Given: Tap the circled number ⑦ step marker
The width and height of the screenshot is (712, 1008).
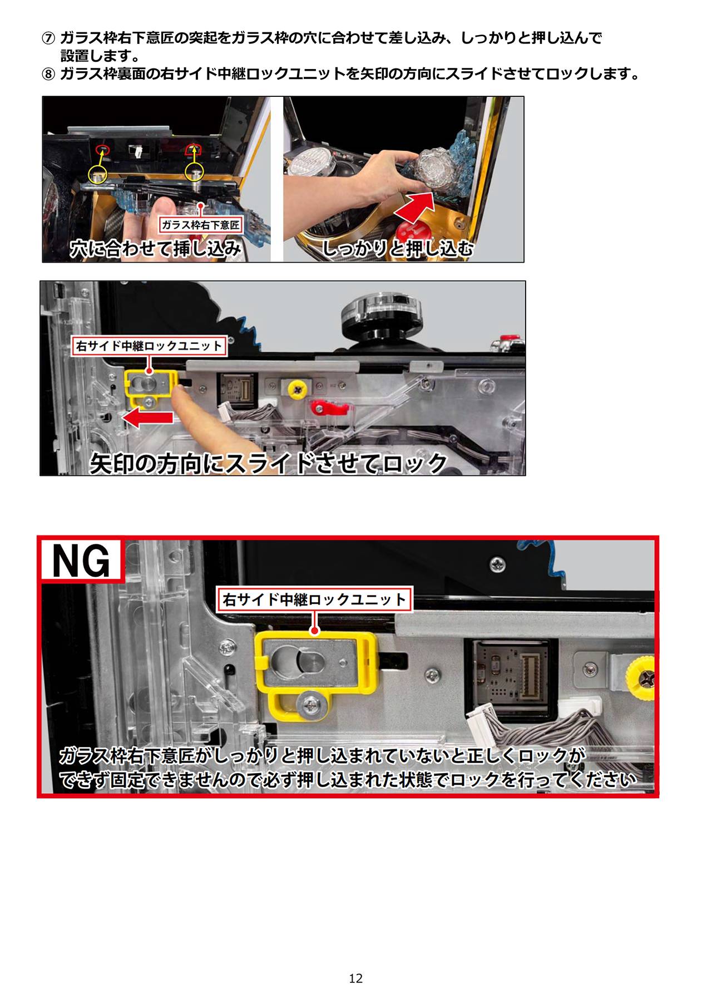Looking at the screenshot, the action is point(49,38).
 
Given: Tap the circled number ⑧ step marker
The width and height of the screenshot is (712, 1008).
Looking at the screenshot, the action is point(49,74).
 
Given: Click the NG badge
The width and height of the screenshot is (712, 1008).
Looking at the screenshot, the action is point(81,561).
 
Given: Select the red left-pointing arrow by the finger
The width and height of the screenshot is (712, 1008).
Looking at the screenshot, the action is point(149,419).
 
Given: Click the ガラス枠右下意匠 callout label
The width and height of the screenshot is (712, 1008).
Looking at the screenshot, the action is point(201,225).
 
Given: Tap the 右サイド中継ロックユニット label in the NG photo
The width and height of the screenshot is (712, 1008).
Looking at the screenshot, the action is point(314,599).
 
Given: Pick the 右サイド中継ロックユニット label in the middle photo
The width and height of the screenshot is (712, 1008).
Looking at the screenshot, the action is point(149,346).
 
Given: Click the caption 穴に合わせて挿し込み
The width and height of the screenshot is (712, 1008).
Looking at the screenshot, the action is point(156,248).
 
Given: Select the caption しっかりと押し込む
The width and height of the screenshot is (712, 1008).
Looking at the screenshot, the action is point(397,248).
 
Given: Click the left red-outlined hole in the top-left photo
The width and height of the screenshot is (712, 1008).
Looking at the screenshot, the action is point(102,149).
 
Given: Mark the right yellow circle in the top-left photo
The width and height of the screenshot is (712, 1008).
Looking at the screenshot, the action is point(194,172).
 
